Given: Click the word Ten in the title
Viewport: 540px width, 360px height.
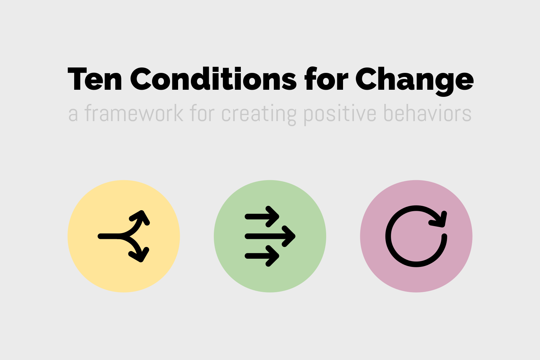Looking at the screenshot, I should (95, 80).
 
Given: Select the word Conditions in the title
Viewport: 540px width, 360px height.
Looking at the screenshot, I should (213, 80).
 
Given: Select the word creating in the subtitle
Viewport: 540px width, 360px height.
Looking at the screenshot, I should (259, 114).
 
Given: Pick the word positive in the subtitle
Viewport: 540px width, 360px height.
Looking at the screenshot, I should (340, 114).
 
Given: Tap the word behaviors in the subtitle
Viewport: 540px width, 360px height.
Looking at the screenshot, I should (427, 114).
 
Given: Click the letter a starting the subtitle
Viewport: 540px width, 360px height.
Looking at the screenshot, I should (73, 115).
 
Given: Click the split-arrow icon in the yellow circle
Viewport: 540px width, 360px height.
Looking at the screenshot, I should (123, 236).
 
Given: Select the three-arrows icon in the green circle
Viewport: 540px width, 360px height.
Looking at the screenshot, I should (270, 236).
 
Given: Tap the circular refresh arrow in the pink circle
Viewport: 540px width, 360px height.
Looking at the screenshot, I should (416, 236).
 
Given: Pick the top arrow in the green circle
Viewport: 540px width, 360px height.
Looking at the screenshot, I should (262, 217).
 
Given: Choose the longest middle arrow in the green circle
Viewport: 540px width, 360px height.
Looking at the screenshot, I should (270, 236).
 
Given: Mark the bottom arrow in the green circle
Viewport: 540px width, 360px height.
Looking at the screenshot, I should (262, 256).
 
